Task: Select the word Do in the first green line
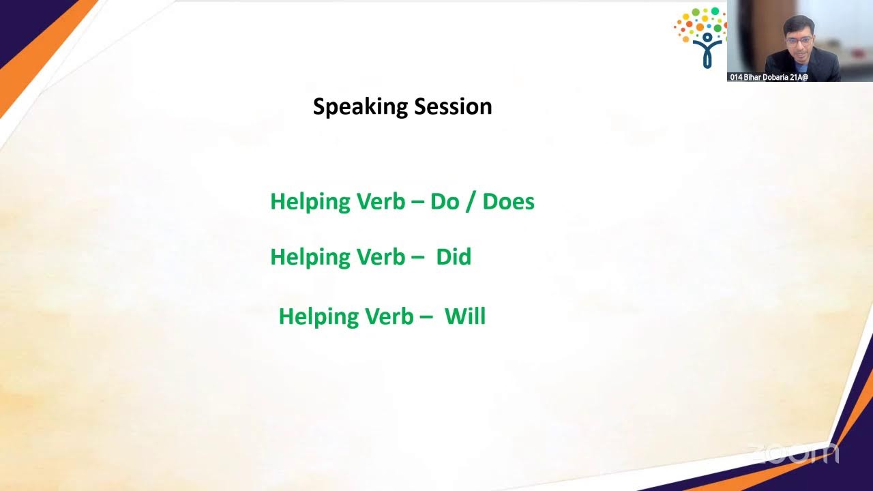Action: (445, 201)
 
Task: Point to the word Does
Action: (508, 201)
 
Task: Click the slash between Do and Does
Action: (471, 202)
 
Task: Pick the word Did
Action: (454, 257)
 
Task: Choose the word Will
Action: (464, 316)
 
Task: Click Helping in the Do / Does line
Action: (310, 202)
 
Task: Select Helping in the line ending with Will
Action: (319, 317)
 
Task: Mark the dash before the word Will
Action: (426, 317)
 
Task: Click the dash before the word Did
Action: (417, 258)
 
